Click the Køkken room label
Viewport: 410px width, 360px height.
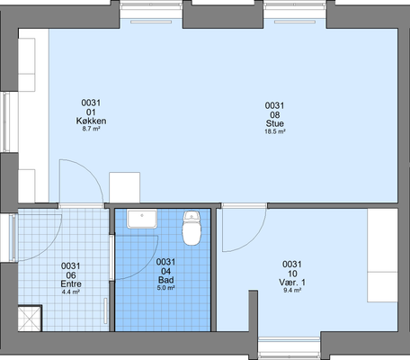coord(91,121)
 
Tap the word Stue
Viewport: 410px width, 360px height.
coord(275,123)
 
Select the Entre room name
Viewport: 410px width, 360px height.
coord(71,283)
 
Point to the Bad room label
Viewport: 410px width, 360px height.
coord(166,280)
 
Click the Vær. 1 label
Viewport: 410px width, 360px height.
coord(292,283)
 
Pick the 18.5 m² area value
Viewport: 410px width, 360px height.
coord(275,131)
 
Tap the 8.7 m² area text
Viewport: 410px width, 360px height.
coord(91,129)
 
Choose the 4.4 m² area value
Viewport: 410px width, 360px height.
coord(71,292)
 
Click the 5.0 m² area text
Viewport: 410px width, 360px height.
coord(166,288)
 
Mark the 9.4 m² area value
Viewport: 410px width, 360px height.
coord(292,290)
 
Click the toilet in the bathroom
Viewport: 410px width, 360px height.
coord(192,228)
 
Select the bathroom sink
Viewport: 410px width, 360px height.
coord(142,219)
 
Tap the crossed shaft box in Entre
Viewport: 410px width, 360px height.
coord(30,319)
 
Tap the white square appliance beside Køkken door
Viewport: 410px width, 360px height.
coord(124,187)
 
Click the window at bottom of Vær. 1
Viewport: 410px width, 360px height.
coord(290,344)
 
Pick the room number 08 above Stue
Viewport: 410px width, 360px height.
coord(275,115)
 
